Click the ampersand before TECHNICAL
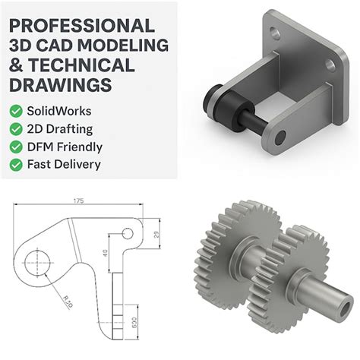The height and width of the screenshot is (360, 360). [x=15, y=65]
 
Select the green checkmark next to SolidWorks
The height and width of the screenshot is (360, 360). [x=15, y=111]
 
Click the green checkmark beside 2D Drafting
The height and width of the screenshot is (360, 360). [x=15, y=128]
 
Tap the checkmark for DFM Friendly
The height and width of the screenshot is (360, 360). [x=15, y=146]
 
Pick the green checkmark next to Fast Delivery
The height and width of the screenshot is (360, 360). [x=15, y=163]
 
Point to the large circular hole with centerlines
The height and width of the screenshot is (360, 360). [x=36, y=264]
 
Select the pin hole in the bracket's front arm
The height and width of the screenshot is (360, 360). [x=282, y=137]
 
